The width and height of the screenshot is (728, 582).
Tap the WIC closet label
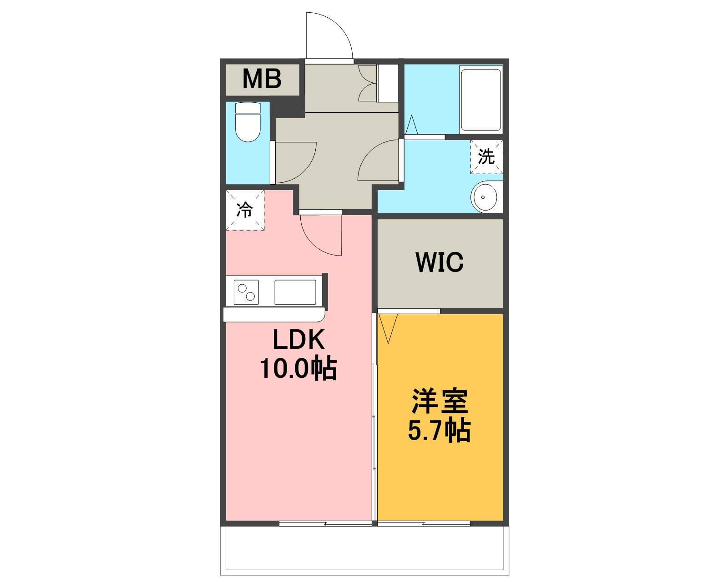pyautogui.click(x=440, y=262)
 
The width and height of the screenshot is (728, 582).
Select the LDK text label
pyautogui.click(x=299, y=340)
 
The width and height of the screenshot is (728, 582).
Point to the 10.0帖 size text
pyautogui.click(x=298, y=369)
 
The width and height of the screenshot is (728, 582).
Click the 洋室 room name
pyautogui.click(x=440, y=401)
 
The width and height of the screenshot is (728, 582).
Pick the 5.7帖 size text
pyautogui.click(x=439, y=431)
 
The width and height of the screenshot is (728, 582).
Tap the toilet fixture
pyautogui.click(x=248, y=122)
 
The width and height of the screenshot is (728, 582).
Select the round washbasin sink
pyautogui.click(x=486, y=197)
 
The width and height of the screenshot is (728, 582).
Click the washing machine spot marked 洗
pyautogui.click(x=486, y=156)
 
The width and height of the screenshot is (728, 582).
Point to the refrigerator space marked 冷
pyautogui.click(x=245, y=210)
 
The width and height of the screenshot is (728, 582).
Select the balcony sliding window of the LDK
pyautogui.click(x=325, y=523)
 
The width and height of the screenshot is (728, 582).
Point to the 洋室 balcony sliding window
pyautogui.click(x=424, y=523)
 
